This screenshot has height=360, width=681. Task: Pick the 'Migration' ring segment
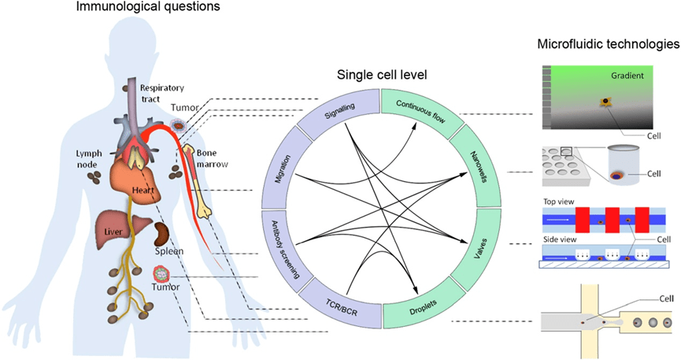[x=278, y=165]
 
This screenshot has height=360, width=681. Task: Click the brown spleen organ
[x=163, y=234]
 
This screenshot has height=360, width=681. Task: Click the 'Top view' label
[x=560, y=201]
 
